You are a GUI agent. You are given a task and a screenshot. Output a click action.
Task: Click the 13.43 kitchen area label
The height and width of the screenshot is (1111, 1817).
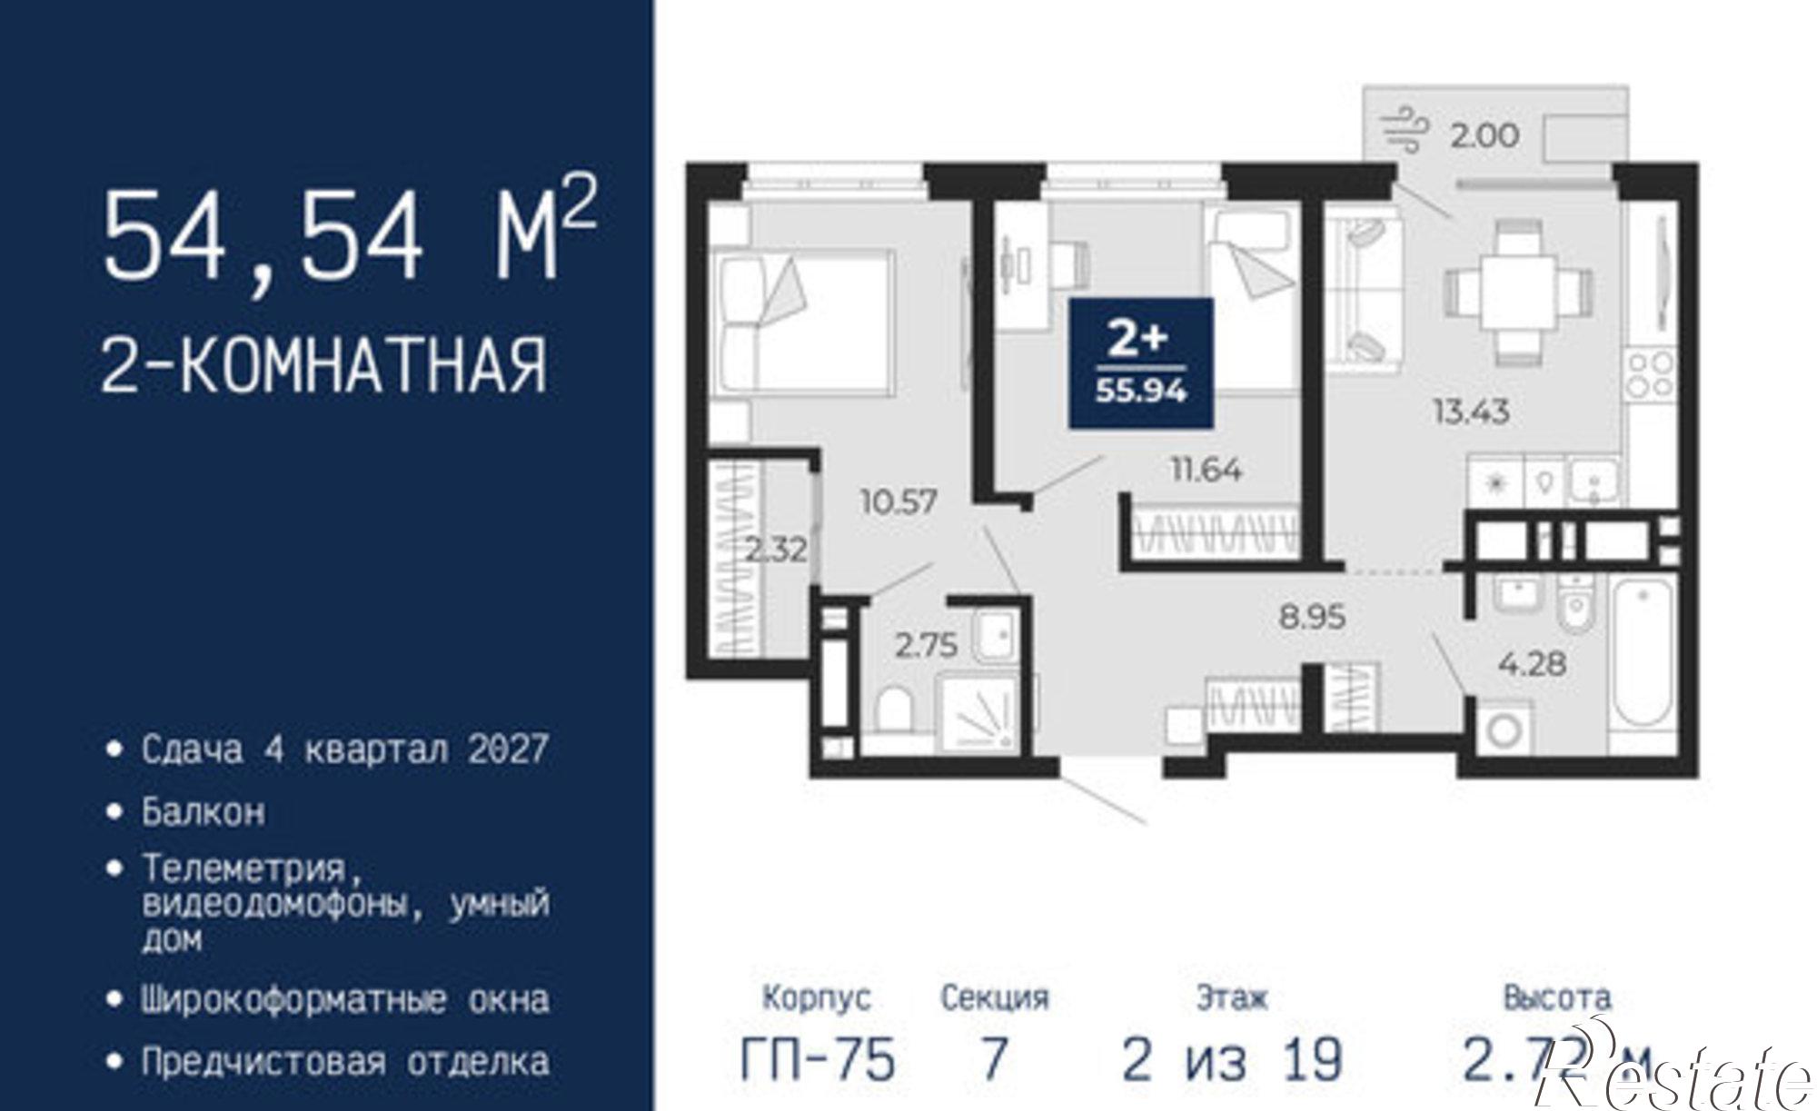pos(1471,412)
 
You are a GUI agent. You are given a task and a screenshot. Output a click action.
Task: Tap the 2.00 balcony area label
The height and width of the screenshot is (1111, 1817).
pos(1484,135)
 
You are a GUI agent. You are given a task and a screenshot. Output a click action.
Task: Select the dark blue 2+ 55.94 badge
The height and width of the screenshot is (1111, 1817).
pos(1141,362)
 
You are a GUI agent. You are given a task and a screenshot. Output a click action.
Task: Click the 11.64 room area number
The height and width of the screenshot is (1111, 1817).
pos(1206,471)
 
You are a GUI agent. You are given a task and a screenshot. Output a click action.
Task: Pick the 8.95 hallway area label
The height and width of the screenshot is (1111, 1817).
pos(1312,618)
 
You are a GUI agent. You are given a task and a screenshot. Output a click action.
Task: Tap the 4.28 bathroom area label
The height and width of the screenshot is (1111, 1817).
pos(1532,663)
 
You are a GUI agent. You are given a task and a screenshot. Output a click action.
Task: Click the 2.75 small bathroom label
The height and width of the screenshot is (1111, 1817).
pos(926,645)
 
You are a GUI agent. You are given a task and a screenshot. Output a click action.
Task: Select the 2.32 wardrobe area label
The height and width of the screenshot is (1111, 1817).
pos(776,550)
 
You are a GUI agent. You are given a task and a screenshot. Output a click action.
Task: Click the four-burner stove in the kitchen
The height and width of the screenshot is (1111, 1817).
pos(1650,374)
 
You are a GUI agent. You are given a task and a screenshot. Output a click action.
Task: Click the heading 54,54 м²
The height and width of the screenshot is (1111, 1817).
pos(349,234)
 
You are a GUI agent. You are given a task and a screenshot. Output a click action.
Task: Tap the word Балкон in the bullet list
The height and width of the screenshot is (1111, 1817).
pos(204,811)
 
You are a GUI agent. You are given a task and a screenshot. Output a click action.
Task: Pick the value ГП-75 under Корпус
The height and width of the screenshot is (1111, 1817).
pos(818,1059)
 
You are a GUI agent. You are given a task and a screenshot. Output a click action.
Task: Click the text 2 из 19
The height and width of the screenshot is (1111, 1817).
pos(1232,1059)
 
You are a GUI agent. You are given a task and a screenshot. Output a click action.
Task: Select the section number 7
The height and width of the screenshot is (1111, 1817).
pos(994,1059)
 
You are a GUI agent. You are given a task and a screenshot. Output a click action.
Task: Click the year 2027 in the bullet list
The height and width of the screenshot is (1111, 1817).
pos(508,750)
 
